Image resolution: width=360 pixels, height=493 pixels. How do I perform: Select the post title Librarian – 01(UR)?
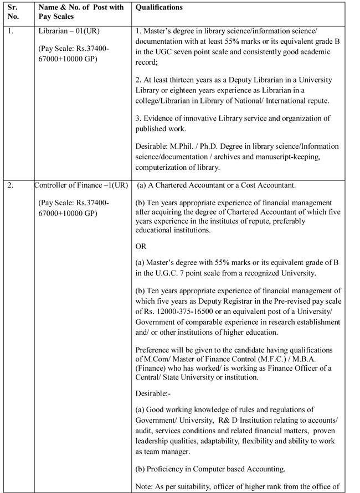(x=69, y=30)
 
